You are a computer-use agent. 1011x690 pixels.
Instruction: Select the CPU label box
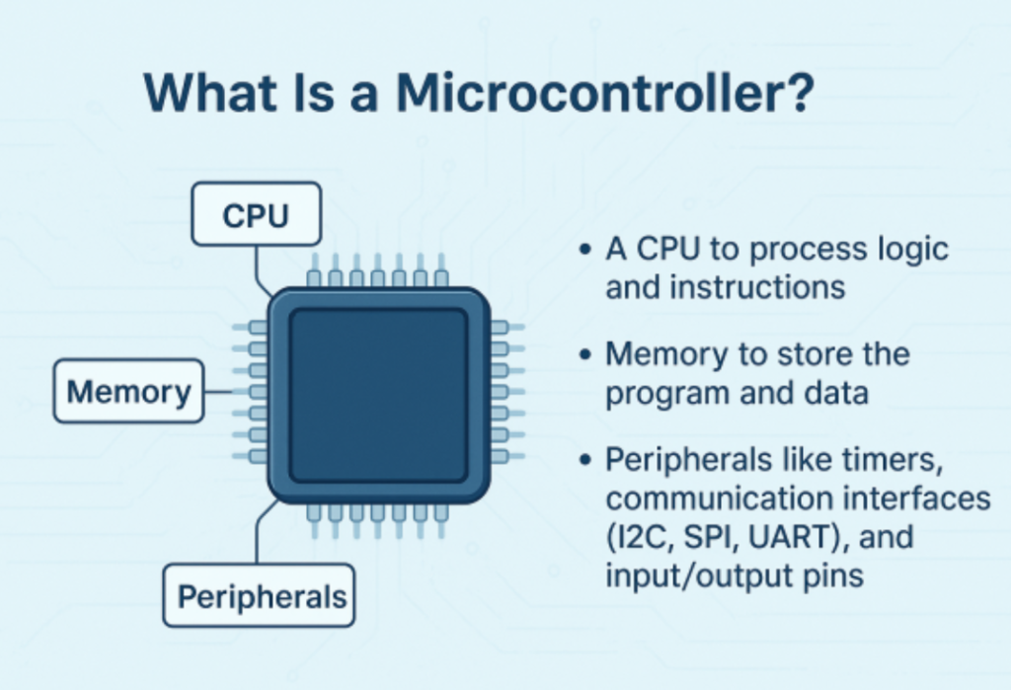tap(256, 213)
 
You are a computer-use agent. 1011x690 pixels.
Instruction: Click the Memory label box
tap(128, 392)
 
